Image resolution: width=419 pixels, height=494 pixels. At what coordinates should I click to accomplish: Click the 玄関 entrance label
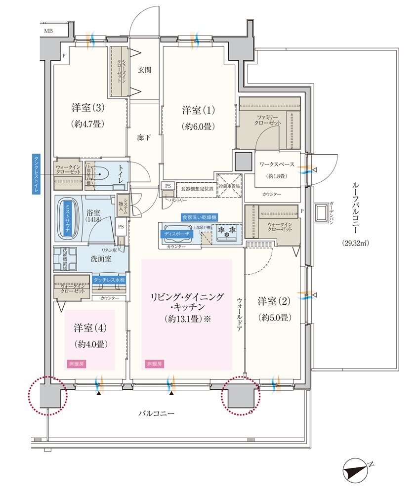click(x=144, y=70)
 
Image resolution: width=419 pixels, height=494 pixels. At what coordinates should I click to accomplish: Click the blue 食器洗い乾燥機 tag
click(x=199, y=217)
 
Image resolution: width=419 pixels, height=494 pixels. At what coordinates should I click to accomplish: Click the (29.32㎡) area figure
click(x=358, y=243)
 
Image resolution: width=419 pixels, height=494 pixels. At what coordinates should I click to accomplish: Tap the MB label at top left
click(x=48, y=31)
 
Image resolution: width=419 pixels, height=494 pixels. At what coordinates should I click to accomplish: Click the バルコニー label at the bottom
click(x=156, y=413)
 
